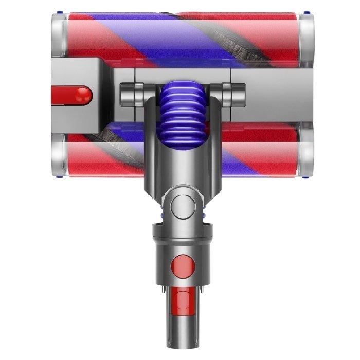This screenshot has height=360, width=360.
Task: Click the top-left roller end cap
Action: click(59, 35)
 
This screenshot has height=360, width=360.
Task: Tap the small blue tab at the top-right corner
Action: click(308, 12)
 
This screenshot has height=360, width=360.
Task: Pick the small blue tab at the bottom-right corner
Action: click(308, 175)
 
